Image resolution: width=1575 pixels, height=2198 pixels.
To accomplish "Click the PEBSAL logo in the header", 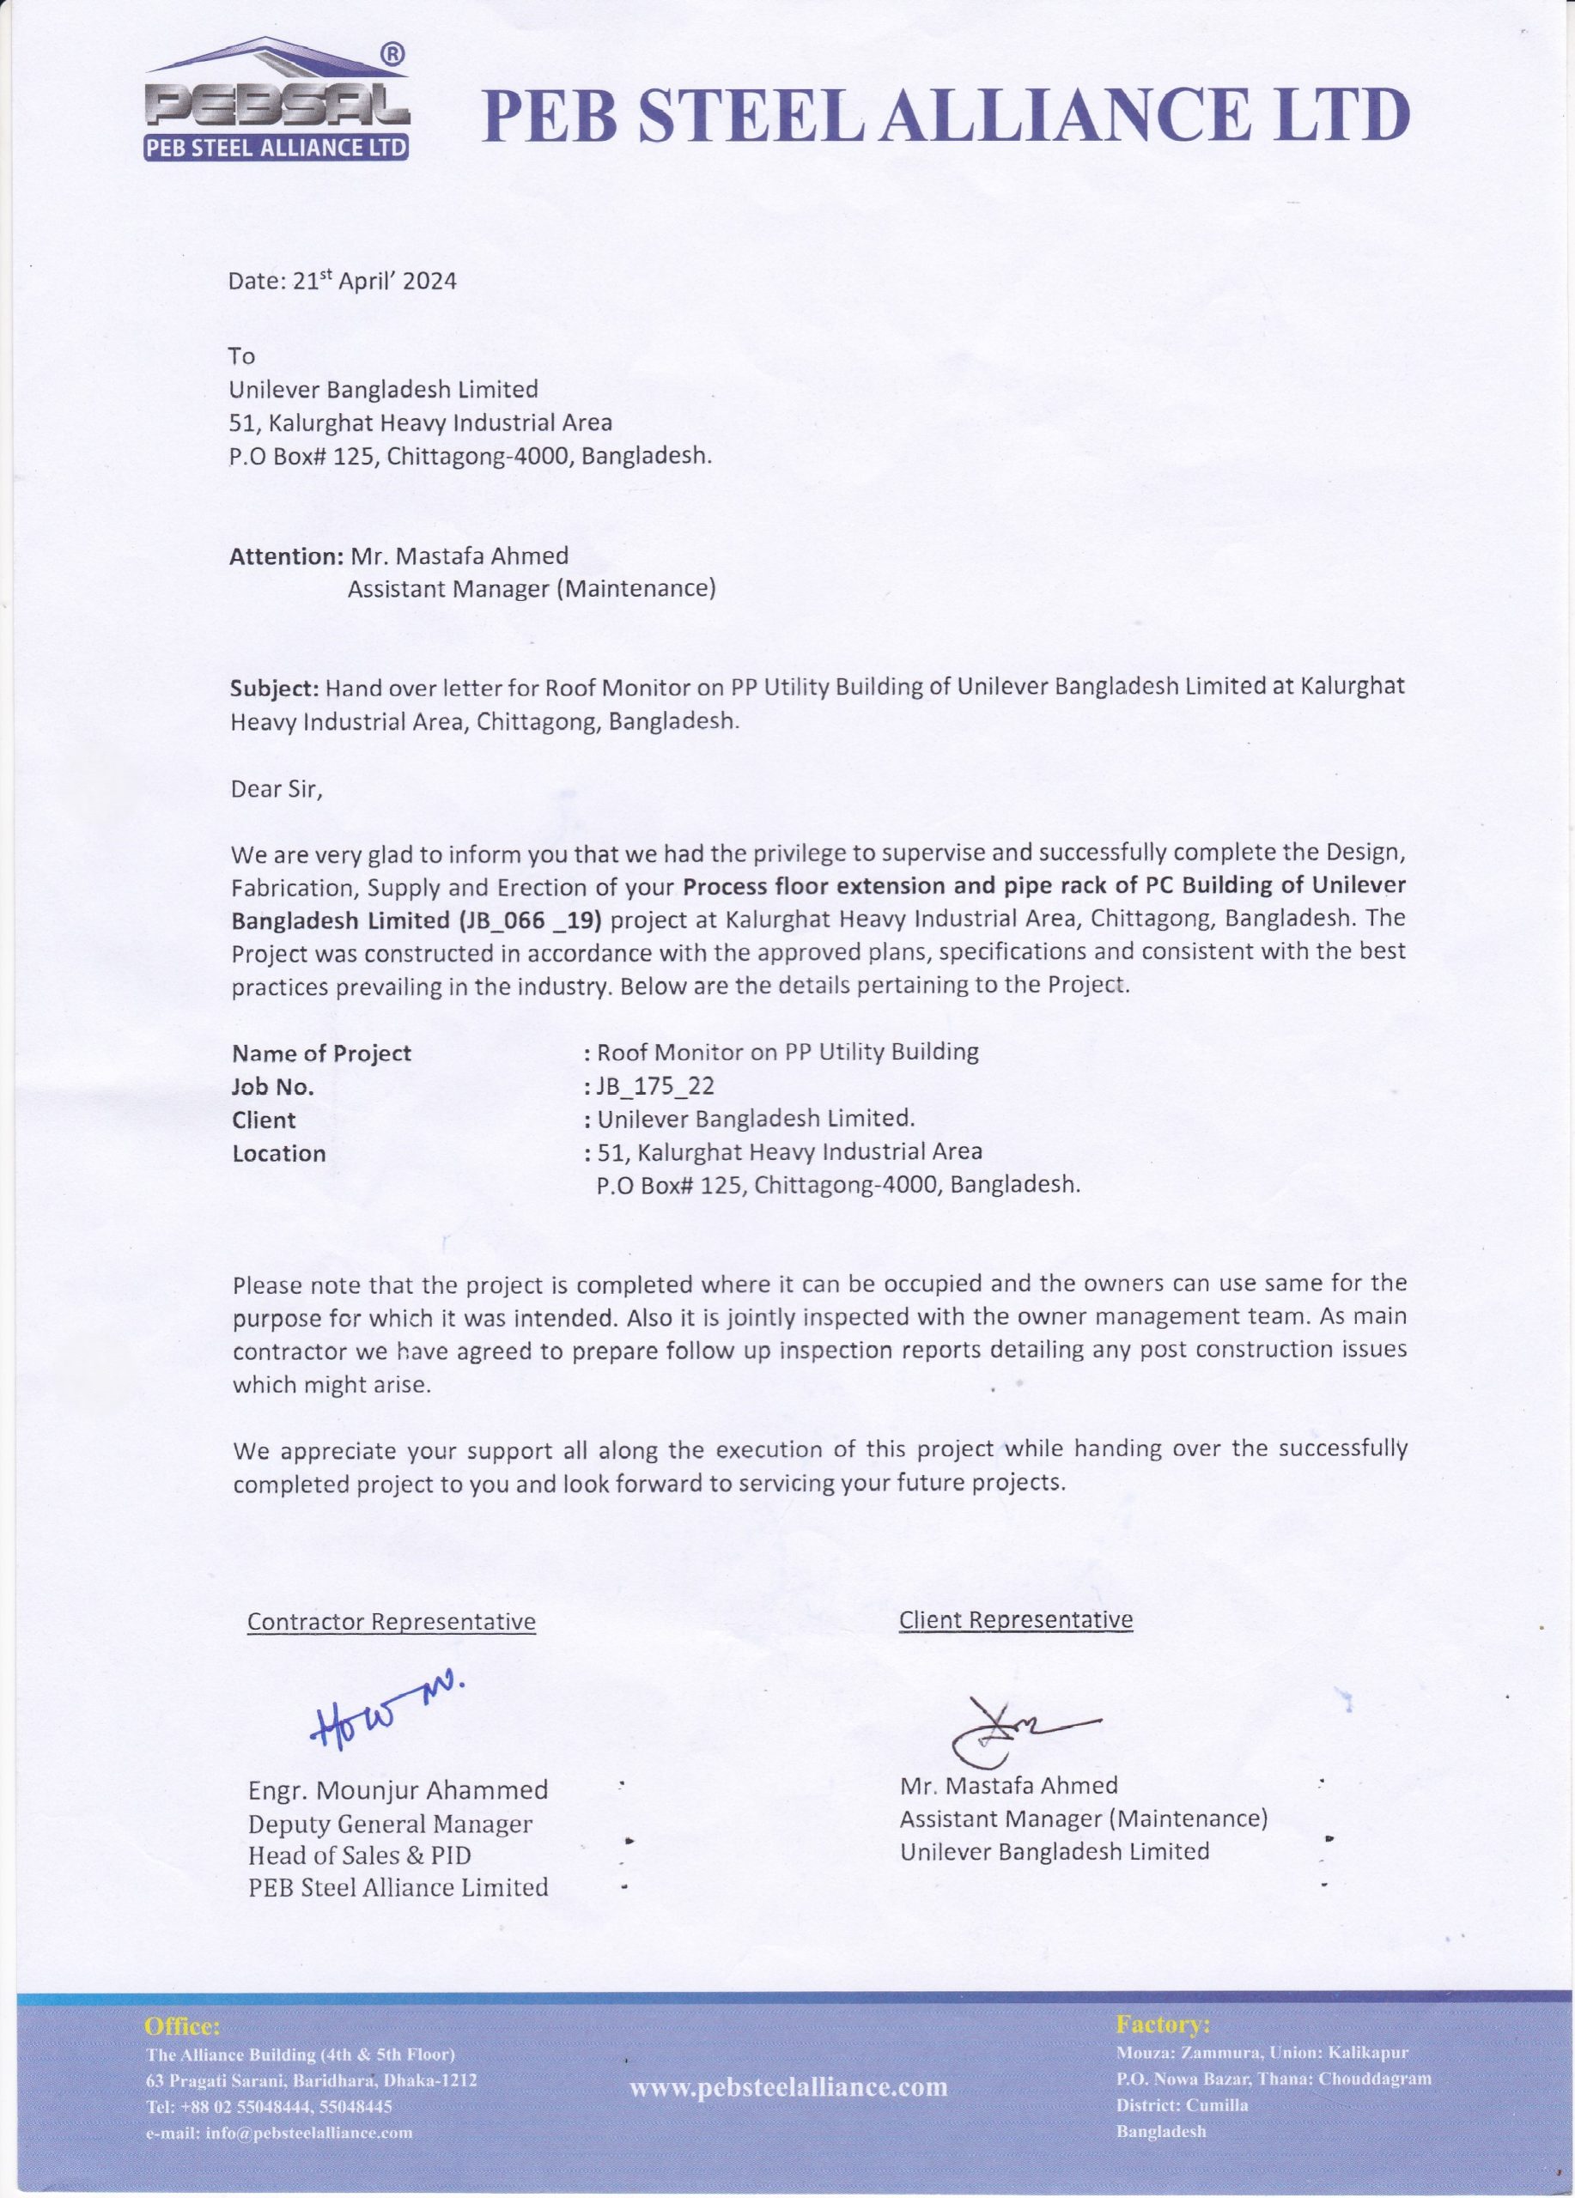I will click(277, 102).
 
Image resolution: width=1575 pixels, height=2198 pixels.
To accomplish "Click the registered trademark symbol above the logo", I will click(392, 56).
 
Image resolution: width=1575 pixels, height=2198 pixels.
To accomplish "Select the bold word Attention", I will click(286, 556).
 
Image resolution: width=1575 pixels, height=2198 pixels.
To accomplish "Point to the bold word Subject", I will click(273, 688).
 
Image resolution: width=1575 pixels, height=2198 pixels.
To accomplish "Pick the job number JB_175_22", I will click(655, 1085).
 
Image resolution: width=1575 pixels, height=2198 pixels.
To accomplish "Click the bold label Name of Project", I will click(322, 1053).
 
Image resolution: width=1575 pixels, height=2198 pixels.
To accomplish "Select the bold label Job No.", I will click(273, 1087).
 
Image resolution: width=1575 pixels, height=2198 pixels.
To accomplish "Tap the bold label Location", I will click(279, 1153).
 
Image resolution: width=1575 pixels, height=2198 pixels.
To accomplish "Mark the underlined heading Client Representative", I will click(1016, 1620).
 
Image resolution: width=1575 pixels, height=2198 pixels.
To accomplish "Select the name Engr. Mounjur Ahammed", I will click(398, 1790).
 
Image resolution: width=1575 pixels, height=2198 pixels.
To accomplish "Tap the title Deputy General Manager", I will click(391, 1824).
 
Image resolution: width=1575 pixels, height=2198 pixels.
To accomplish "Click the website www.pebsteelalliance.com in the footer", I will click(788, 2086).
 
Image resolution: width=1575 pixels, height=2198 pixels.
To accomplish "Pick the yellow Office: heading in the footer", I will click(182, 2026).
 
